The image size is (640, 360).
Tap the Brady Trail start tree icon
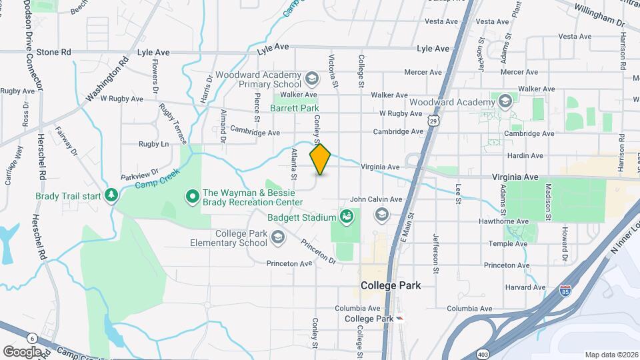pos(112,194)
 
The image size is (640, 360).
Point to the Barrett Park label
pos(295,108)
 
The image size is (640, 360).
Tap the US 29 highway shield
pos(434,121)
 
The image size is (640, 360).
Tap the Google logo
pos(21,351)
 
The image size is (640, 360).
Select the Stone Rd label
pos(53,51)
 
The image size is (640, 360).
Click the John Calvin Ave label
pos(376,199)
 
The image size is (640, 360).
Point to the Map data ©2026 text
pos(611,354)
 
